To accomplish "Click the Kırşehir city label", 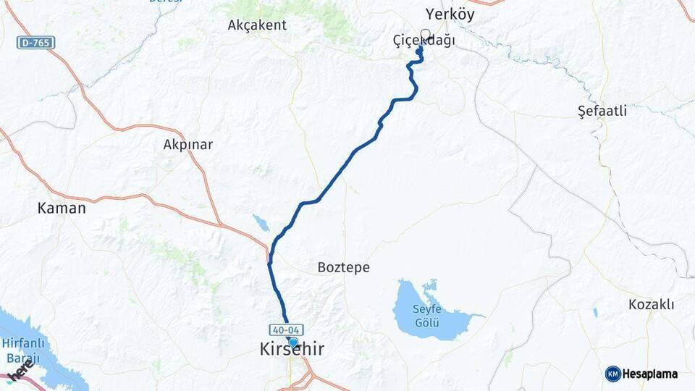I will click(x=292, y=350).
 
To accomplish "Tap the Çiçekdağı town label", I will click(x=424, y=41).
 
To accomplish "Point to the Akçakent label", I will click(x=257, y=25).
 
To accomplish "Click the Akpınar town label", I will click(x=188, y=144).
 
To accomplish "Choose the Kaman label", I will click(x=62, y=208).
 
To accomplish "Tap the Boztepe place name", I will click(x=343, y=267).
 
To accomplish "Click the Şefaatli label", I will click(x=602, y=111).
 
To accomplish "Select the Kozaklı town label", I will click(x=651, y=304).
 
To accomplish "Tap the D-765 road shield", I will click(x=35, y=43).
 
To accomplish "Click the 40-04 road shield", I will click(x=285, y=329).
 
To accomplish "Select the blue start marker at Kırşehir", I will click(x=293, y=342).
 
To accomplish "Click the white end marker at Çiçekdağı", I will click(x=426, y=33).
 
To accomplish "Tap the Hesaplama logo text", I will click(x=651, y=374).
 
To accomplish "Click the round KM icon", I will click(x=613, y=374).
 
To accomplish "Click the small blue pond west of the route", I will click(x=260, y=222).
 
